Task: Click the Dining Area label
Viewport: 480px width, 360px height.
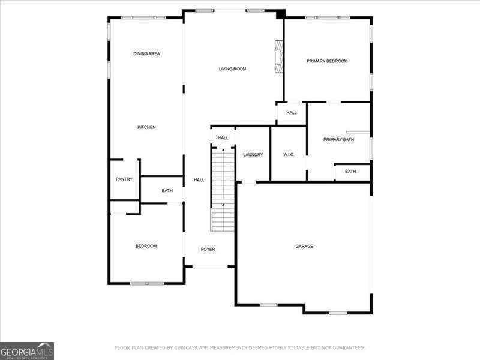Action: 146,54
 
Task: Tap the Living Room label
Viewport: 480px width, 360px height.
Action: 232,69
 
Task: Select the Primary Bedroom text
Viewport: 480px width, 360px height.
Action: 327,61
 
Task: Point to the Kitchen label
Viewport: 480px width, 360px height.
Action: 146,127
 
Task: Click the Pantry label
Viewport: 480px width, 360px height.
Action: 124,179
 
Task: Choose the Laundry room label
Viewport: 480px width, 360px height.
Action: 253,155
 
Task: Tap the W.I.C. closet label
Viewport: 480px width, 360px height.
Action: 288,155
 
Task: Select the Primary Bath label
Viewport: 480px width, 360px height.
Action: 338,140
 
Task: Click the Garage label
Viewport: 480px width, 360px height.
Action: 304,246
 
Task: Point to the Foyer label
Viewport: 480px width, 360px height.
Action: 208,249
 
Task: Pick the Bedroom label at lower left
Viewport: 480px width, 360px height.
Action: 146,246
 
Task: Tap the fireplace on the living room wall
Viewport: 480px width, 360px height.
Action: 278,56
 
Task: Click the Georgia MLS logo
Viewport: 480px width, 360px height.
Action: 27,350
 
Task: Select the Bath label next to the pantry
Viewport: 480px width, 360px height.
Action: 167,191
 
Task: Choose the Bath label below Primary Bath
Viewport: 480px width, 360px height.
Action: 350,172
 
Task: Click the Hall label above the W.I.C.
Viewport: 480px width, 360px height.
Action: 291,113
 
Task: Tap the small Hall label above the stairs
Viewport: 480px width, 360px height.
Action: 223,138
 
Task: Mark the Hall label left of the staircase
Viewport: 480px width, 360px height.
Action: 199,180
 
